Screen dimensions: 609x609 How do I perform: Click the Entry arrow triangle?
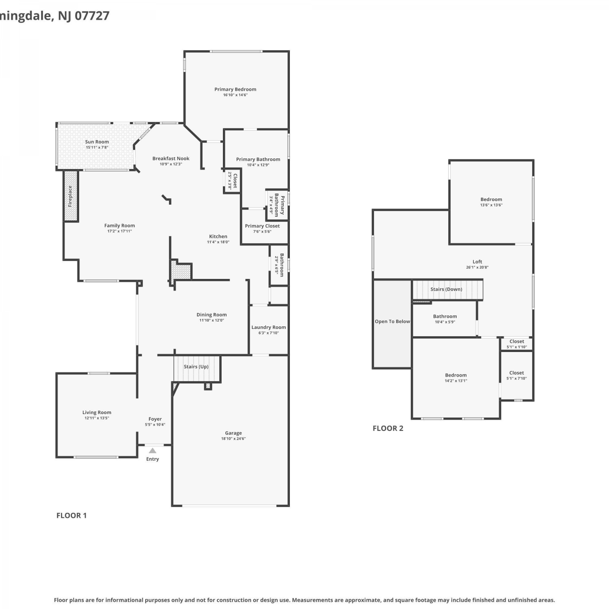(152, 451)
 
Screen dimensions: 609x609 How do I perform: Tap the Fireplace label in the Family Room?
(70, 196)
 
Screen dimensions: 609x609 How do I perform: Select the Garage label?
(233, 433)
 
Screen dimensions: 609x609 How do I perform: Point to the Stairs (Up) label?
(196, 367)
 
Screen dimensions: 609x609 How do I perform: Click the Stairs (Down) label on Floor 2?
(446, 289)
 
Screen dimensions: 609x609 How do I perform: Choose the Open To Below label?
(392, 322)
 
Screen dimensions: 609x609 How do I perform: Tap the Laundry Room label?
(268, 327)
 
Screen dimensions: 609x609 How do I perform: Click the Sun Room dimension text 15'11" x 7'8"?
(97, 147)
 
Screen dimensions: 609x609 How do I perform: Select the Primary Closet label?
(262, 226)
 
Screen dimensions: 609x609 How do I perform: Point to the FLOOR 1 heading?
(71, 516)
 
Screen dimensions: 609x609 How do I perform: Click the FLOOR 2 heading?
(388, 428)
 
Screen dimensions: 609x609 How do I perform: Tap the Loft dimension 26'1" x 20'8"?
(477, 267)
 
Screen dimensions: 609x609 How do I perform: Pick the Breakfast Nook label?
(171, 158)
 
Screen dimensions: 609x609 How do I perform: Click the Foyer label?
(155, 419)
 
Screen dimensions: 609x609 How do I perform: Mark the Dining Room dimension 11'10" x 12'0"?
(212, 320)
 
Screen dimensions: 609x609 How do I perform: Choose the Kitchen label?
(218, 236)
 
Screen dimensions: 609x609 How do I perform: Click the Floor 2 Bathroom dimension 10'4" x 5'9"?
(445, 322)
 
